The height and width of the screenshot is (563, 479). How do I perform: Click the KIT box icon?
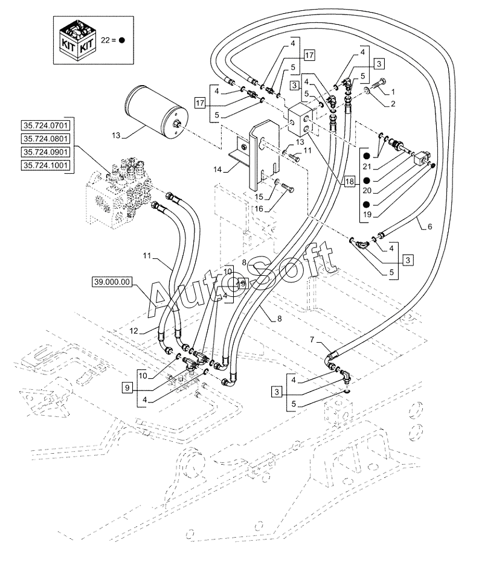click(x=77, y=40)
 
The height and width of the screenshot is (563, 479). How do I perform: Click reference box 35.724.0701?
click(x=45, y=126)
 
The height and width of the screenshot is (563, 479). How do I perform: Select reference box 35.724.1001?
click(x=45, y=165)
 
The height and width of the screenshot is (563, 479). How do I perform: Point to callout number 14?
click(x=218, y=169)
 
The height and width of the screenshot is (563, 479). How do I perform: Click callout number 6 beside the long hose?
click(x=429, y=226)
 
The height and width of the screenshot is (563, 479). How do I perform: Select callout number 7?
click(x=312, y=339)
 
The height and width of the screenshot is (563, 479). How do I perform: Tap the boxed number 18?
click(x=349, y=182)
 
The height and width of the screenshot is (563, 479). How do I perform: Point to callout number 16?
click(x=259, y=209)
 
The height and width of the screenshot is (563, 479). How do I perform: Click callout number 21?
click(x=367, y=167)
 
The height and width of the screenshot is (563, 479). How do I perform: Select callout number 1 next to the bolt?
click(x=393, y=92)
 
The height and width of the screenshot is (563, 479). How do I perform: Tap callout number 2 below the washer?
click(x=393, y=104)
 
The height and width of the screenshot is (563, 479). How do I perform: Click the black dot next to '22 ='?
click(x=122, y=40)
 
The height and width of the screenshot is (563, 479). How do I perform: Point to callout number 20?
click(x=367, y=191)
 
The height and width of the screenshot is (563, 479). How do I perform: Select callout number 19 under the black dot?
click(x=367, y=215)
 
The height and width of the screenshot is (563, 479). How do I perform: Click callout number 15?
click(x=259, y=197)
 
